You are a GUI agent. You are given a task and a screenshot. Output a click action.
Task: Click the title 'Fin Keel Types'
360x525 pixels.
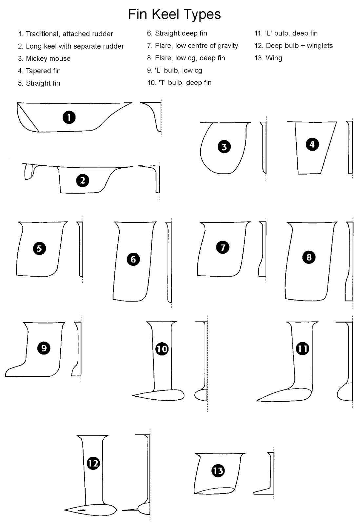coord(174,14)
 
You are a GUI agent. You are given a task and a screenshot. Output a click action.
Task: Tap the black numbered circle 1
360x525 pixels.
coord(69,117)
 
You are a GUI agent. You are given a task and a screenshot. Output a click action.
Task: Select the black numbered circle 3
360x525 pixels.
coord(224,147)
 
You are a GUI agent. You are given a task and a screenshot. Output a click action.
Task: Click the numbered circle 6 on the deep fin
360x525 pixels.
coord(133,259)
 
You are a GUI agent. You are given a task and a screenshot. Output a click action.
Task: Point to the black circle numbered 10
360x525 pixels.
coord(162,349)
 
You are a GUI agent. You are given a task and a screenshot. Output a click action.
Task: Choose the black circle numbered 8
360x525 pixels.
coord(309,257)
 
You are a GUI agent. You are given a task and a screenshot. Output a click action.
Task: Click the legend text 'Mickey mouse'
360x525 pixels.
coord(48,58)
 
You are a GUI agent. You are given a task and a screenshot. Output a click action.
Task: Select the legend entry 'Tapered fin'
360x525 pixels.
coord(43,71)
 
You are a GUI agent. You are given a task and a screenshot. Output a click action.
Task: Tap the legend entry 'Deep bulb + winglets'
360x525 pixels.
coord(299,46)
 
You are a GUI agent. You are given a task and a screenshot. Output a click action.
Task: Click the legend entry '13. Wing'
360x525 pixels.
coord(268,58)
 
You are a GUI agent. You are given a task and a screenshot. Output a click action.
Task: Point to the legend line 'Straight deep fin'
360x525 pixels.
coord(181,33)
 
